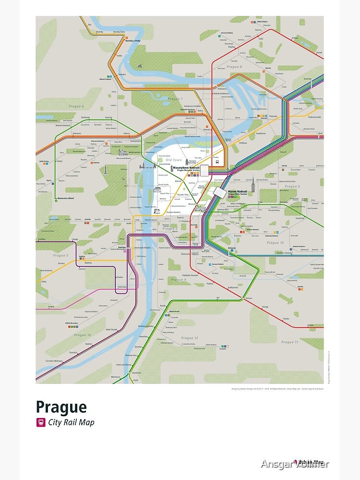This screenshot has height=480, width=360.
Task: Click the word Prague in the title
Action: [61, 407]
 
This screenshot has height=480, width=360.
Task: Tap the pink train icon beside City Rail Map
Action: [40, 423]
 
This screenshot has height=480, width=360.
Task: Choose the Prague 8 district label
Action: [234, 67]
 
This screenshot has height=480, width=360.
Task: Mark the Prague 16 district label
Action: [83, 335]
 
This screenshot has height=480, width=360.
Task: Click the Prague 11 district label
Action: [290, 342]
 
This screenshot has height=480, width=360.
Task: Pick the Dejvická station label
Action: [109, 118]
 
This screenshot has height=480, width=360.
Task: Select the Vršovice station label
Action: [231, 248]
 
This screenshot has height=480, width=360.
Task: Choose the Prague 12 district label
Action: [190, 338]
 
